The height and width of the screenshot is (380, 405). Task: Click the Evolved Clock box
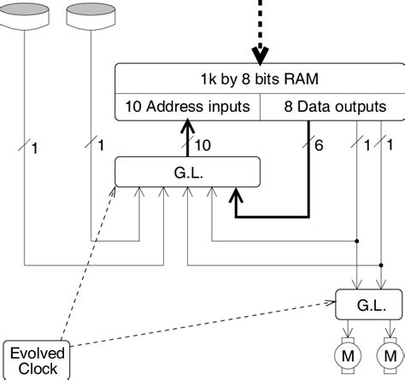pos(34,360)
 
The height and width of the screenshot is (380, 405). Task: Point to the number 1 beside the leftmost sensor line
pos(34,149)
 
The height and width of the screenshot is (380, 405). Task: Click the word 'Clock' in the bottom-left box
pos(34,368)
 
